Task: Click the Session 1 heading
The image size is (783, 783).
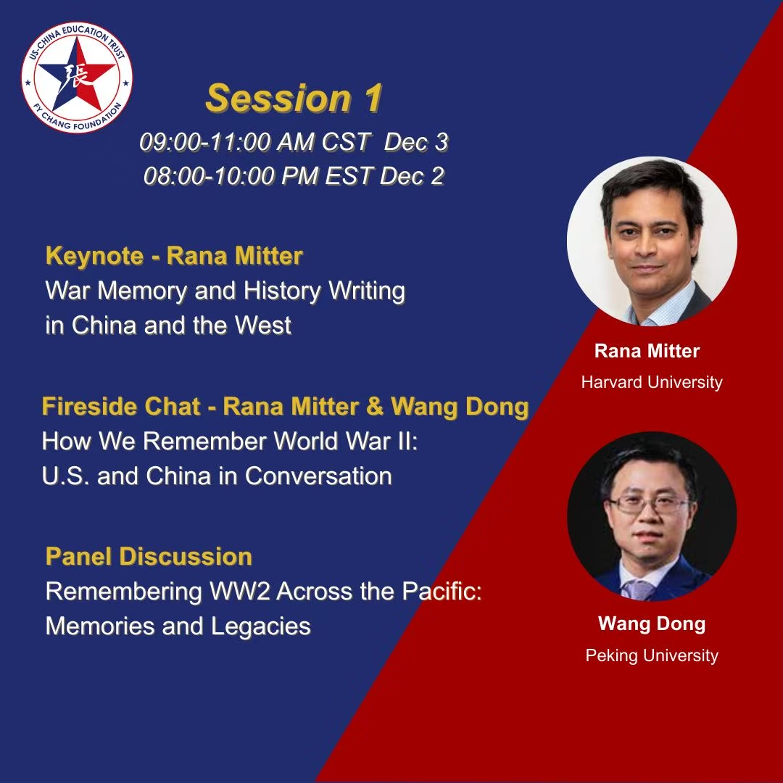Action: [294, 98]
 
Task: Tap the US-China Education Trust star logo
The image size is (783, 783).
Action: [76, 78]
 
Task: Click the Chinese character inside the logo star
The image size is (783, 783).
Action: [76, 76]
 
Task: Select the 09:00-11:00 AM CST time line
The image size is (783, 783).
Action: [294, 142]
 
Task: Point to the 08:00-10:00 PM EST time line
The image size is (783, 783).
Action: [294, 175]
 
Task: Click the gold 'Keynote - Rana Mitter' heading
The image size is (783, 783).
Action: [174, 256]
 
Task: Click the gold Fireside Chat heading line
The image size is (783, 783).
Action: [285, 407]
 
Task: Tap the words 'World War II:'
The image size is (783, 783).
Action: [346, 442]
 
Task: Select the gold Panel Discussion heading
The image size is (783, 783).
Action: [149, 556]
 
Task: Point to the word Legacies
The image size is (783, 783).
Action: [261, 626]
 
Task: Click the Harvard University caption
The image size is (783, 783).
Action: [652, 383]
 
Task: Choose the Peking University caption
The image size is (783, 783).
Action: [652, 655]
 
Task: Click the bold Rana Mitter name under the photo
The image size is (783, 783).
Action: [647, 351]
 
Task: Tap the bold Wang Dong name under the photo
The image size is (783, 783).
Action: [652, 623]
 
